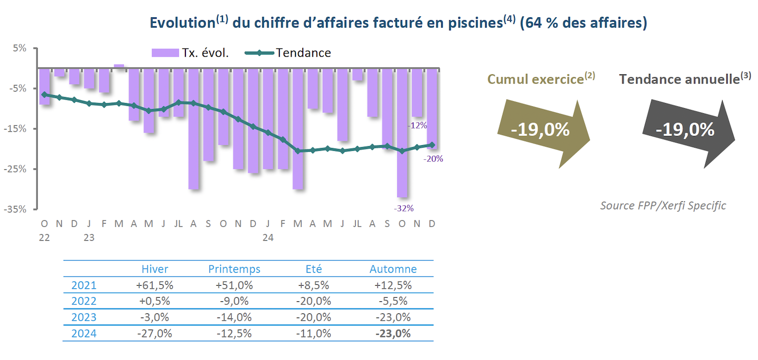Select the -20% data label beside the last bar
pyautogui.click(x=434, y=159)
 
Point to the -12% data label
pyautogui.click(x=418, y=125)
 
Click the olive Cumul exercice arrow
pyautogui.click(x=540, y=130)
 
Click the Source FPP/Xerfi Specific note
pyautogui.click(x=663, y=206)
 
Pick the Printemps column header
pyautogui.click(x=234, y=269)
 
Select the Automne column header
pyautogui.click(x=393, y=269)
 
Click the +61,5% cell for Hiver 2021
pyautogui.click(x=155, y=285)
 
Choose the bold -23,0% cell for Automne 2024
pyautogui.click(x=393, y=334)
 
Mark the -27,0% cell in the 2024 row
pyautogui.click(x=155, y=334)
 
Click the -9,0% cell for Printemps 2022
pyautogui.click(x=234, y=301)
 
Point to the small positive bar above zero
pyautogui.click(x=119, y=66)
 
